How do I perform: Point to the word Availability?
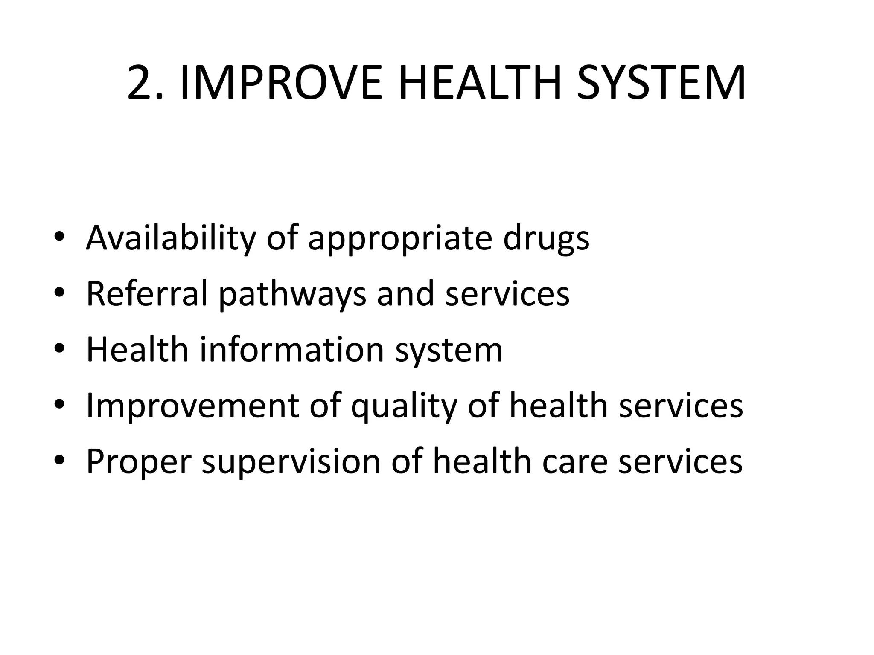pyautogui.click(x=171, y=238)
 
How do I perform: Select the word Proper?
pyautogui.click(x=139, y=462)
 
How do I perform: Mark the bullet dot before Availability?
pyautogui.click(x=59, y=237)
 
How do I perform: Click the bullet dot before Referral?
pyautogui.click(x=59, y=293)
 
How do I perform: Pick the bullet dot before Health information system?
pyautogui.click(x=59, y=349)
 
